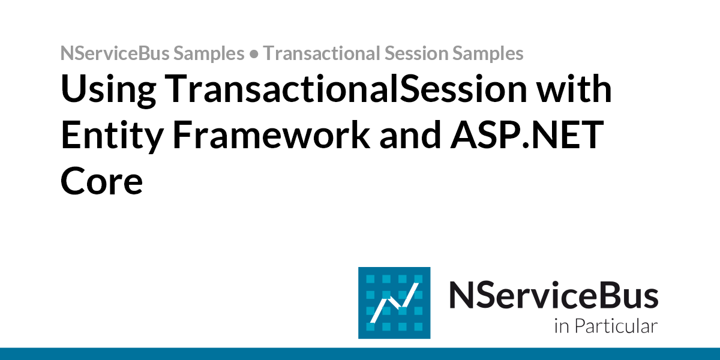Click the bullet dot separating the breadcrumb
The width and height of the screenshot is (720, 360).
coord(254,54)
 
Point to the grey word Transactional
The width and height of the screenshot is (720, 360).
coord(320,53)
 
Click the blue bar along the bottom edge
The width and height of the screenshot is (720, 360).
coord(360,353)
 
